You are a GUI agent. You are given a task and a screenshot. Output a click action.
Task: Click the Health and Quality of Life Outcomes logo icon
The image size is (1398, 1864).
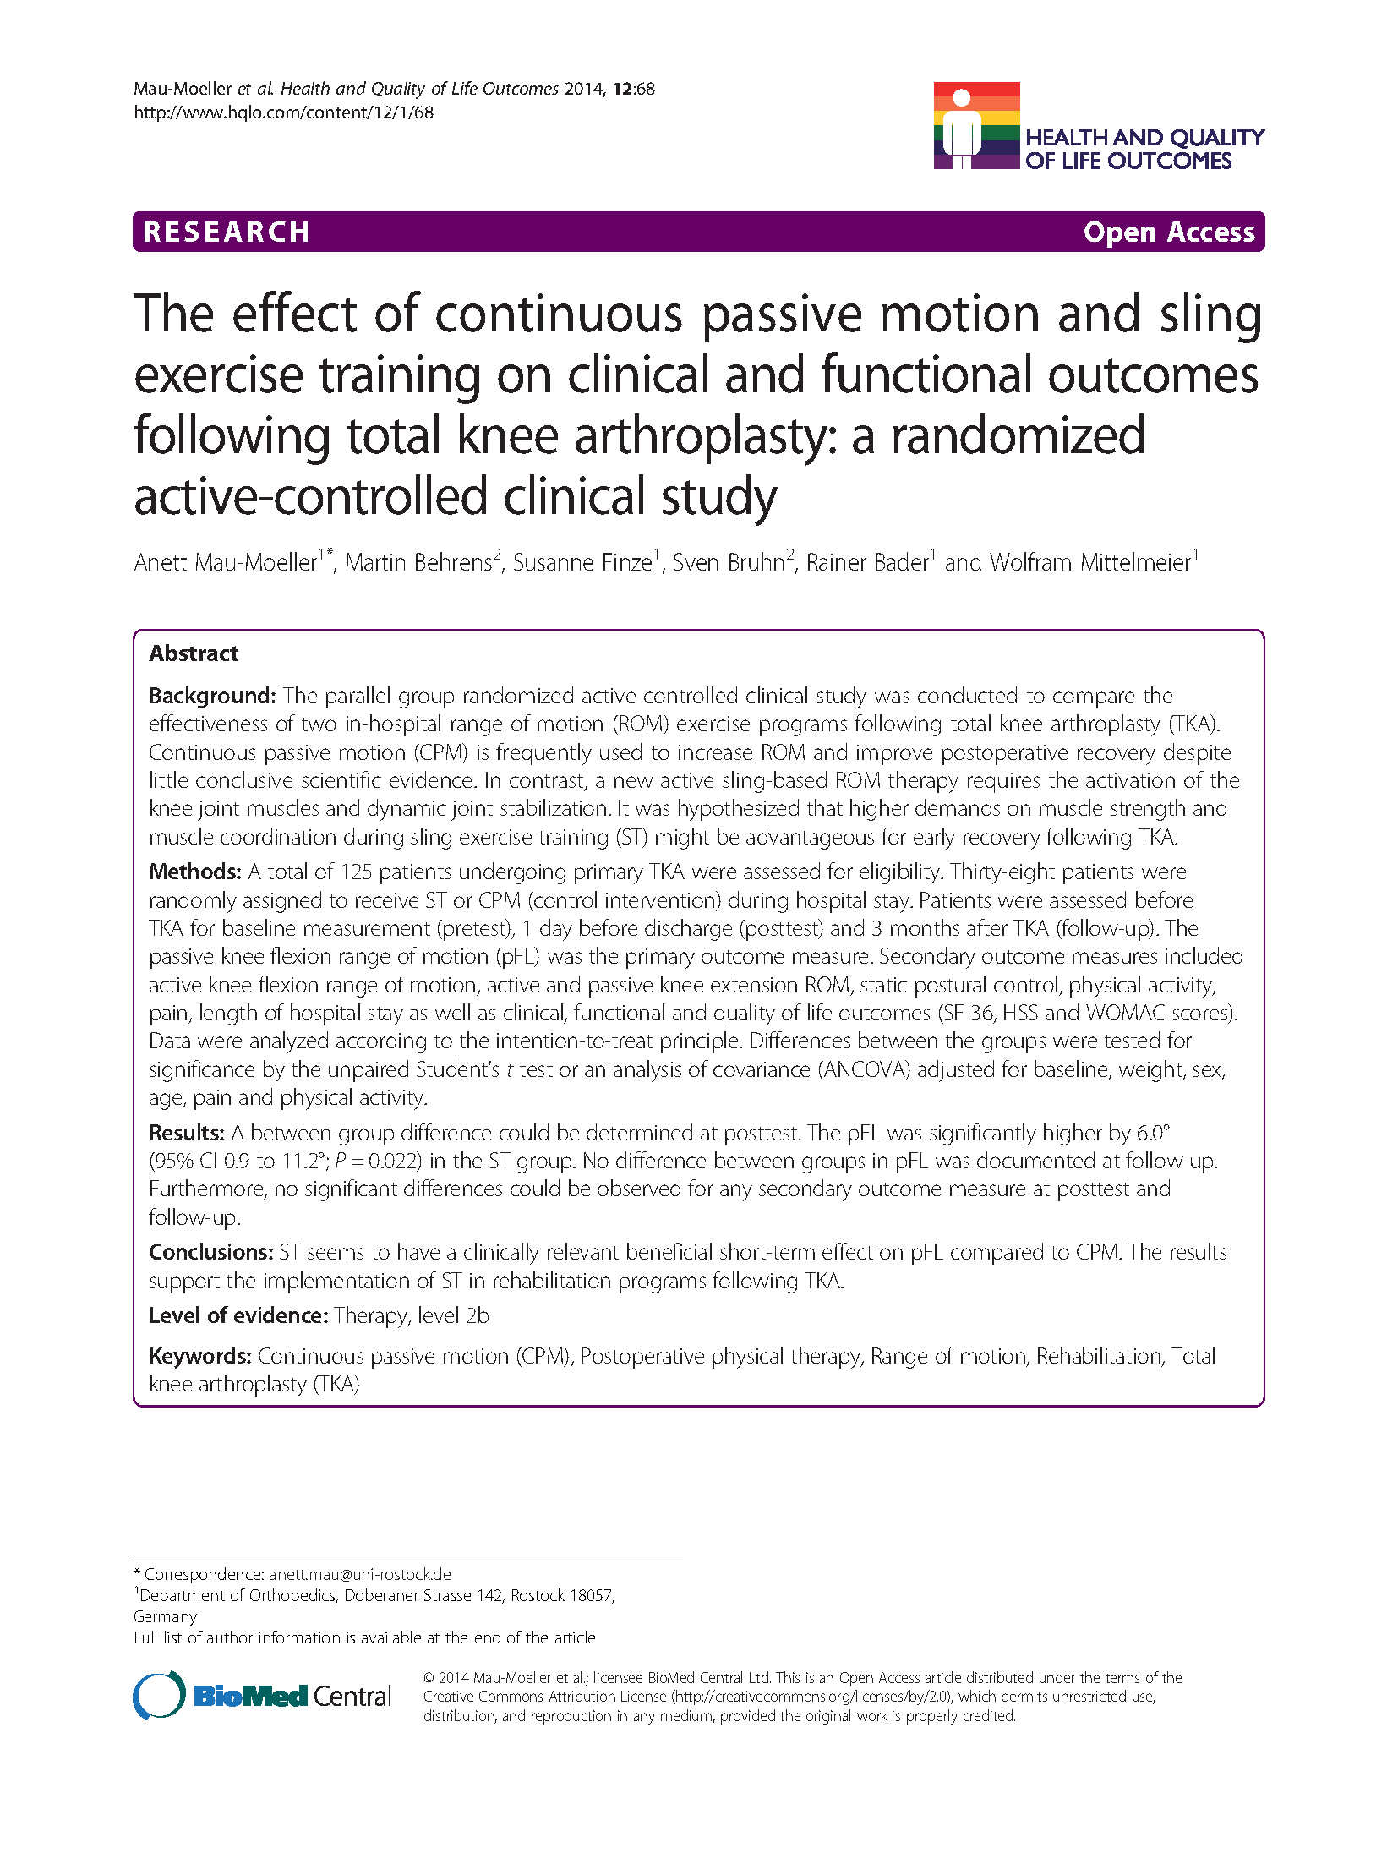tap(976, 125)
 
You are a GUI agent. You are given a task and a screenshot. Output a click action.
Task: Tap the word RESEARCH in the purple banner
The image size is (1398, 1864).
tap(226, 232)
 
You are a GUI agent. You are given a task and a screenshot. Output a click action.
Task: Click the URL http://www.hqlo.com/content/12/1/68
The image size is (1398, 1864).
tap(283, 112)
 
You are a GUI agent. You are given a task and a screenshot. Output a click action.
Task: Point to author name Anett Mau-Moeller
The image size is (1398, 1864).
tap(226, 563)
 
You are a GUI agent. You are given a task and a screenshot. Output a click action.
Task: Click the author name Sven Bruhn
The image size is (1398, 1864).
tap(729, 563)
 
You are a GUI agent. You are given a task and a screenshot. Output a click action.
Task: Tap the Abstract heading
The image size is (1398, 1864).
tap(194, 653)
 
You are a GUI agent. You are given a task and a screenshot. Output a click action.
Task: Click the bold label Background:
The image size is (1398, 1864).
tap(212, 696)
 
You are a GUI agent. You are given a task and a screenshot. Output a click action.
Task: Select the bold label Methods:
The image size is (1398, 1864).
tap(195, 872)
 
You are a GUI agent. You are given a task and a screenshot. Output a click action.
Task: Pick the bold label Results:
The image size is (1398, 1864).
tap(187, 1133)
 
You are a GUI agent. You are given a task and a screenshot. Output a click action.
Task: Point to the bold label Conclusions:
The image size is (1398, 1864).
tap(210, 1252)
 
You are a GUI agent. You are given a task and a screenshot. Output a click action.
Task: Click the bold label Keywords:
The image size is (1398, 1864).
tap(200, 1356)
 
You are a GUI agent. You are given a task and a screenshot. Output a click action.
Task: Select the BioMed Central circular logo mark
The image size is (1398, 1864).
tap(159, 1695)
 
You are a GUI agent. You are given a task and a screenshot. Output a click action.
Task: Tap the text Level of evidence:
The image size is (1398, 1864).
tap(238, 1315)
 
